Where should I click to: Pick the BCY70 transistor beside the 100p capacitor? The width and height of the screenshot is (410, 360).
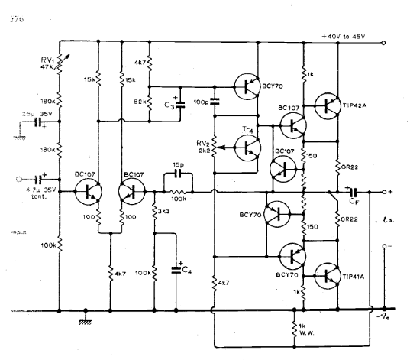pyautogui.click(x=247, y=86)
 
